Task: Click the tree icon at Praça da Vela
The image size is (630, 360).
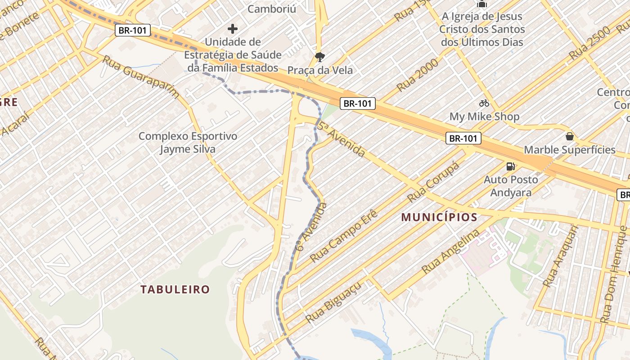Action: (x=320, y=57)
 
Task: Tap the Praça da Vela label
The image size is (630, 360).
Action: (x=320, y=70)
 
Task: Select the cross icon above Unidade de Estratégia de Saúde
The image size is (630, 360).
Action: (x=233, y=29)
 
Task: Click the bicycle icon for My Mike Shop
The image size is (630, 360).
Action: (x=484, y=103)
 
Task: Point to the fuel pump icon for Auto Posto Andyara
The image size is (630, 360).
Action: (x=510, y=166)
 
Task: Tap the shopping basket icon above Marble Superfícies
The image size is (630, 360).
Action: (x=570, y=136)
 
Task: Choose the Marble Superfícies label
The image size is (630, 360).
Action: (x=569, y=150)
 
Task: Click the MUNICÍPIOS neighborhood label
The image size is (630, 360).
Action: (x=439, y=217)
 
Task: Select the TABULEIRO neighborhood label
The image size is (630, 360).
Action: (x=175, y=289)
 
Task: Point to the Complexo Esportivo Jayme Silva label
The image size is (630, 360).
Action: (x=188, y=142)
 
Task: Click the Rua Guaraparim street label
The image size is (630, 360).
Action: (x=141, y=77)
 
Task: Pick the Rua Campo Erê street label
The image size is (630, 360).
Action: (x=344, y=236)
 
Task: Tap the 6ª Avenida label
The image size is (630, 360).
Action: (x=311, y=227)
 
